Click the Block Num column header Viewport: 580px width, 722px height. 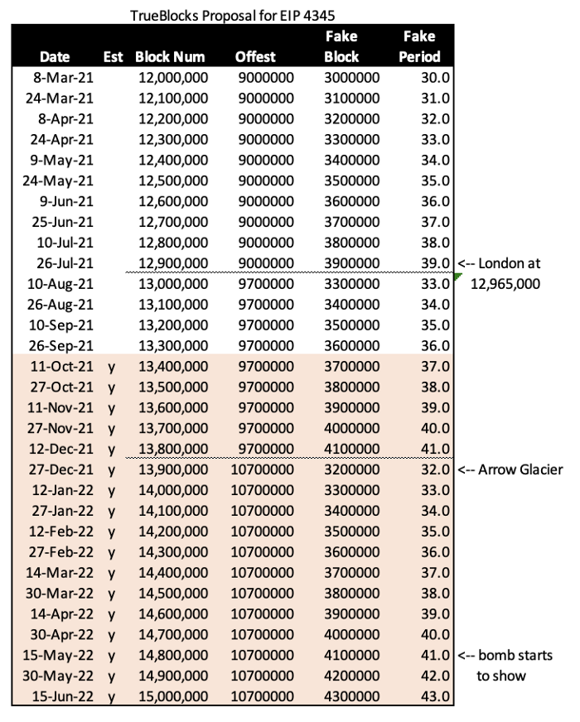(x=171, y=57)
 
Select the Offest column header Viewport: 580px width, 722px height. (x=264, y=57)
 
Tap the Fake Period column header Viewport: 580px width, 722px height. (x=419, y=46)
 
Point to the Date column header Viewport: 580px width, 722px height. (x=55, y=57)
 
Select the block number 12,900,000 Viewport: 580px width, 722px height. (x=171, y=263)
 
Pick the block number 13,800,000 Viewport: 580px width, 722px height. (x=171, y=449)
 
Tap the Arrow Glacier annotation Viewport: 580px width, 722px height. (x=510, y=469)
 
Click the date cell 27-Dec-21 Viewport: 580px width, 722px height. (x=62, y=469)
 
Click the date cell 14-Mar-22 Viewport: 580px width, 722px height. (x=62, y=573)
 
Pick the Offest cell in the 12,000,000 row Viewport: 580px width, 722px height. (x=264, y=78)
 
